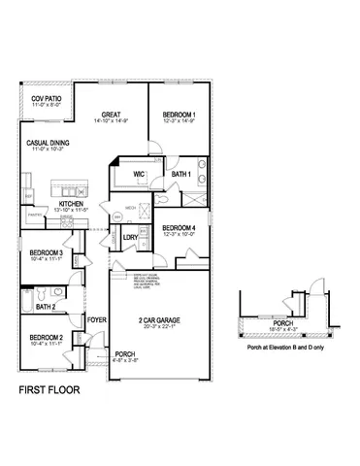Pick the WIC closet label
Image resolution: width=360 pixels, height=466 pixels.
click(x=140, y=173)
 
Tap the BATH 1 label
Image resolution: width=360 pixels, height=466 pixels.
click(x=180, y=174)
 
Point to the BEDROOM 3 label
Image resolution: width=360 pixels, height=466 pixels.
click(x=39, y=252)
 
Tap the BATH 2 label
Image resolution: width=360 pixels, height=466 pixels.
click(x=46, y=307)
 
